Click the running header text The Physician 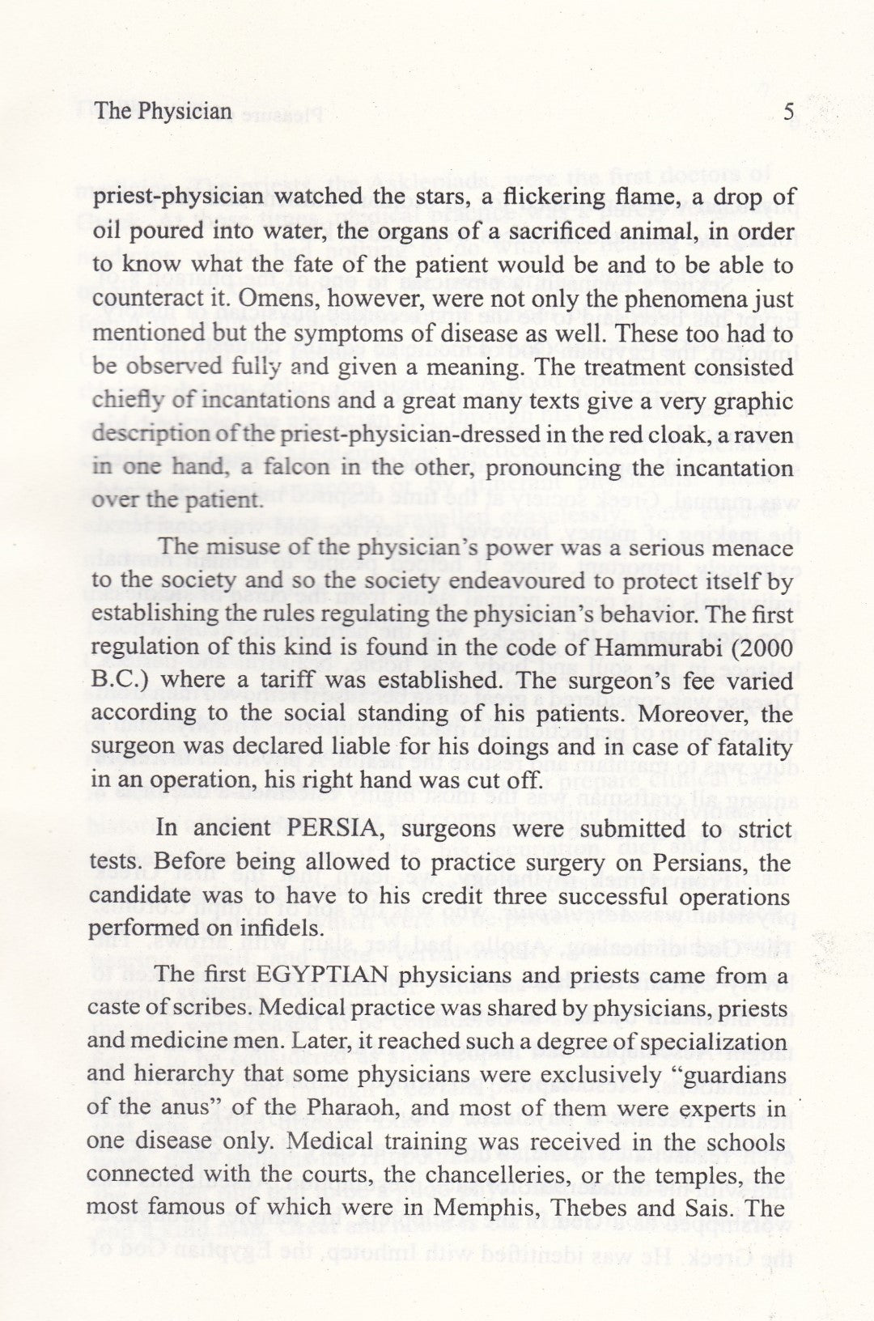coord(163,111)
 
